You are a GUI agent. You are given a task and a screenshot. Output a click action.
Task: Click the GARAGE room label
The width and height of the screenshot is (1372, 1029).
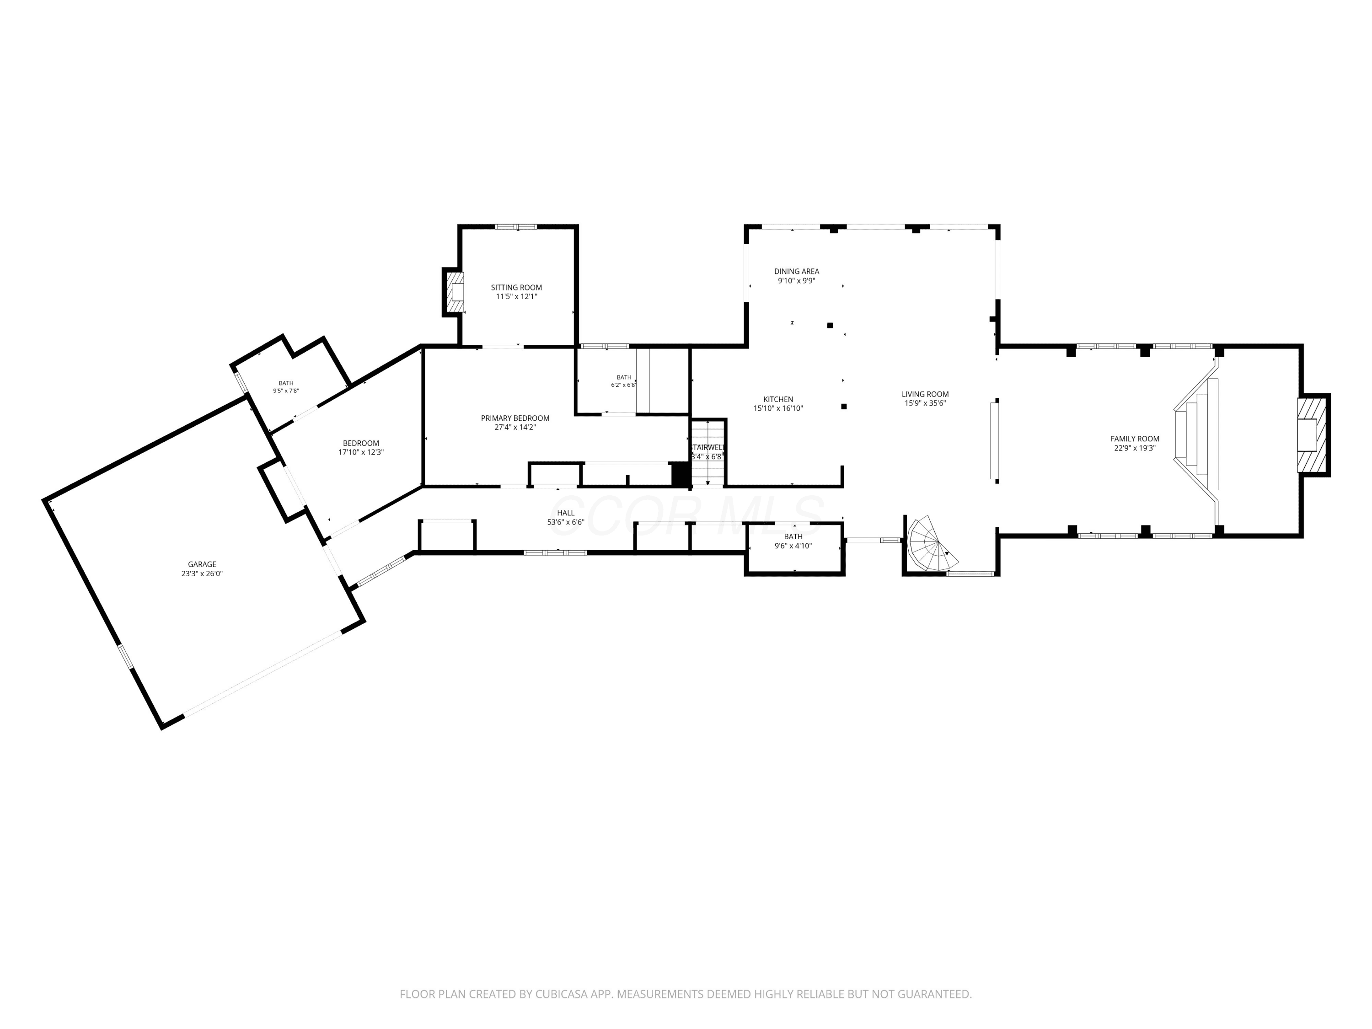pos(202,564)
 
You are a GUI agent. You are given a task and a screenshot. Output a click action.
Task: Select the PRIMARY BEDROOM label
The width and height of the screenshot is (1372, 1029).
pos(515,418)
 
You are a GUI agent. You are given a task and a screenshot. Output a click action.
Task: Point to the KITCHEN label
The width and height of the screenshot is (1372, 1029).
pos(778,399)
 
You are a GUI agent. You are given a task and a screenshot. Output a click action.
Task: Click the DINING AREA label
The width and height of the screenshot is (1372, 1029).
pos(796,271)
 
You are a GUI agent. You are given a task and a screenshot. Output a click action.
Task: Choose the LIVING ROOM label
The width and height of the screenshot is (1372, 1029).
pos(926,394)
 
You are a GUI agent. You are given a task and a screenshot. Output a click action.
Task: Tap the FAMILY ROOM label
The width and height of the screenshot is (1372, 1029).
pos(1135,439)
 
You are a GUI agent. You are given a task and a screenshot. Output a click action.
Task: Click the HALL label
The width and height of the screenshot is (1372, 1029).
pos(566,513)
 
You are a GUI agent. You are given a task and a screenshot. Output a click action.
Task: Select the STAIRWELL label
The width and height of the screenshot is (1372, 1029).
pos(707,447)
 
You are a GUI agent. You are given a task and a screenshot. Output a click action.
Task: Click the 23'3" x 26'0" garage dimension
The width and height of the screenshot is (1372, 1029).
pos(202,574)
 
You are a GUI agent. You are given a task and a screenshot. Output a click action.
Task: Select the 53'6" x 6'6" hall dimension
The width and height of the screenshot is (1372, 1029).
pos(566,522)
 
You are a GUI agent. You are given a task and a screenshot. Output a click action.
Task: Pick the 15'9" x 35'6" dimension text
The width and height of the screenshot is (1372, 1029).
pos(926,403)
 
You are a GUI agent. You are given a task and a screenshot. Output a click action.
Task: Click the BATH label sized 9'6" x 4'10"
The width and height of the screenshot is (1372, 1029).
pos(793,536)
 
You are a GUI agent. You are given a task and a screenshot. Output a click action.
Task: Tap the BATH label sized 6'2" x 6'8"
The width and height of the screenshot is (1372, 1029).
pos(624,377)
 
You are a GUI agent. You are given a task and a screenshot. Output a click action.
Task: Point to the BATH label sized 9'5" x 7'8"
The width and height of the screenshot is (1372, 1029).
pos(286,383)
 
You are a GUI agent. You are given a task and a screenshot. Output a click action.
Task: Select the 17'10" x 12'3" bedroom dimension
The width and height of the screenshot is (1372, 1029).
pos(361,452)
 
